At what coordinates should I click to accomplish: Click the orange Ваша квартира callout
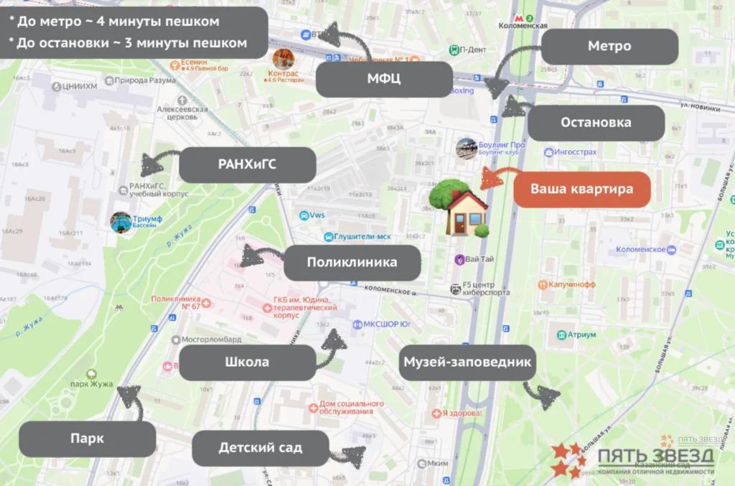[x=582, y=190]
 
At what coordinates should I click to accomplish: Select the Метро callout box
[x=609, y=47]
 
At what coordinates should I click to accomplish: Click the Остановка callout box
[x=596, y=123]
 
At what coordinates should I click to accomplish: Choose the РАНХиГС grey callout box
[x=247, y=165]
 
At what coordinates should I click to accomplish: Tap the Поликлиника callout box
[x=352, y=263]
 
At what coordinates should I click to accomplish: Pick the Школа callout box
[x=247, y=363]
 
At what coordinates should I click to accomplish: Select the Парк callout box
[x=87, y=439]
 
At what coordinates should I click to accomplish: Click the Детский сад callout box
[x=260, y=448]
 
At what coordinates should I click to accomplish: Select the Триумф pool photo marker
[x=121, y=221]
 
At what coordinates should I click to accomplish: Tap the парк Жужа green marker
[x=91, y=374]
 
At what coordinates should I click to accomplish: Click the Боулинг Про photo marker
[x=466, y=147]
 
